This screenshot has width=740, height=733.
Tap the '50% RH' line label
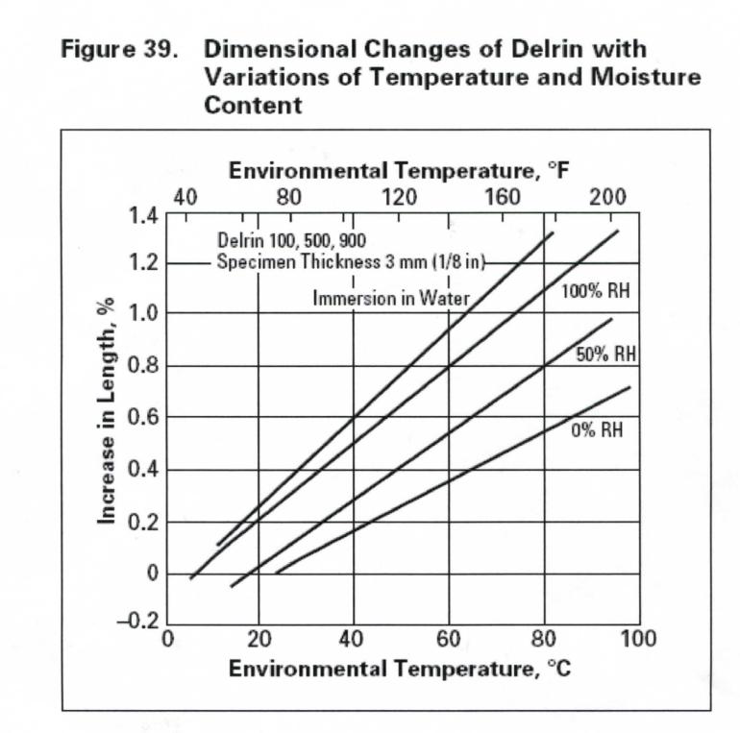click(606, 354)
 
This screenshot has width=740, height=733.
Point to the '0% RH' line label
click(597, 430)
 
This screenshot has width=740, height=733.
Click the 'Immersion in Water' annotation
click(391, 299)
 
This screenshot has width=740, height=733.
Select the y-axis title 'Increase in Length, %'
click(108, 411)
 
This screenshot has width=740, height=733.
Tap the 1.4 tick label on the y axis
click(143, 213)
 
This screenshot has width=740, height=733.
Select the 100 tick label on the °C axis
click(637, 640)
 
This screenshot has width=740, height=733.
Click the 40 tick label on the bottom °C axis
click(353, 640)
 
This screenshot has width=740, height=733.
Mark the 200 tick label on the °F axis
click(607, 197)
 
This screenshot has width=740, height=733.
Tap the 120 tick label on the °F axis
click(398, 197)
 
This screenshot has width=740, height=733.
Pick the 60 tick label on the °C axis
click(449, 640)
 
